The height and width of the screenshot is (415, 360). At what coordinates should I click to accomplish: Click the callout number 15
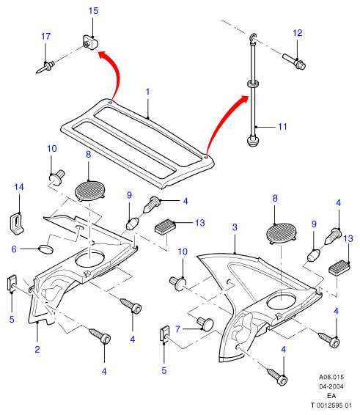[93, 11]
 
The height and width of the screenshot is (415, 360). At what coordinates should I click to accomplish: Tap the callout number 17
[45, 36]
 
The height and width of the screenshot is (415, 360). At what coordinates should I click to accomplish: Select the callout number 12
[297, 33]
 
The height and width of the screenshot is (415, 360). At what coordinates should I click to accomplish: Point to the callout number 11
[282, 127]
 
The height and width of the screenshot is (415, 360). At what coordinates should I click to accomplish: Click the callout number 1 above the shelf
[147, 92]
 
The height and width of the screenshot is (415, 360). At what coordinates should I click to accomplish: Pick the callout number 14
[19, 187]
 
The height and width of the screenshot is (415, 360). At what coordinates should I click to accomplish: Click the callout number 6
[14, 249]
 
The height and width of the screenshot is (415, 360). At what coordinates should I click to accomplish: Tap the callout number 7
[177, 329]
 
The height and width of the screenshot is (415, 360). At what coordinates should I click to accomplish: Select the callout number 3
[235, 227]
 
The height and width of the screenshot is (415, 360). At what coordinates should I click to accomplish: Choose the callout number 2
[37, 349]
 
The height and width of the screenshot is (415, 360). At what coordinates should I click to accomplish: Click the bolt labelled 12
[294, 61]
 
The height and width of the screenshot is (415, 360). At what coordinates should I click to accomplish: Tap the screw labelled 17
[45, 67]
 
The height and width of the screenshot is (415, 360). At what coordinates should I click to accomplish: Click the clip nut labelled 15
[89, 43]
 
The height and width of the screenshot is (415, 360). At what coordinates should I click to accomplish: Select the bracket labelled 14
[17, 224]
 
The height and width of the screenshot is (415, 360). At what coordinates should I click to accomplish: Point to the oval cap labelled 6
[46, 249]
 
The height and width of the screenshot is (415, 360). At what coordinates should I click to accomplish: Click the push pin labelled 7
[205, 324]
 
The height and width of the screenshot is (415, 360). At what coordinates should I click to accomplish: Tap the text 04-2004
[331, 386]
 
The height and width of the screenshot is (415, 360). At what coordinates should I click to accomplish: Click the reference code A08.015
[331, 377]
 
